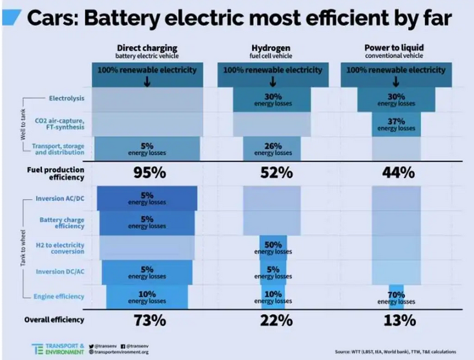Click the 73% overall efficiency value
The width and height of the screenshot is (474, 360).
click(x=150, y=321)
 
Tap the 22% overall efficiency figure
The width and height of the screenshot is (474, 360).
click(x=276, y=321)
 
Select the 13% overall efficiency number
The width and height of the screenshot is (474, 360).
click(x=400, y=321)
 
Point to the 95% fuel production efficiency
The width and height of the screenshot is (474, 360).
click(x=150, y=173)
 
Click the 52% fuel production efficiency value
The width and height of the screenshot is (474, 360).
click(x=276, y=173)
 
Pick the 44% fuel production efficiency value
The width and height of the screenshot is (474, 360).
click(x=398, y=173)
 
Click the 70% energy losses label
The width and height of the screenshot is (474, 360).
click(x=396, y=298)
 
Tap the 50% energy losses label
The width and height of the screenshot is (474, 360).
click(x=273, y=248)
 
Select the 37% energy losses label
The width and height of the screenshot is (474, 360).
click(x=396, y=124)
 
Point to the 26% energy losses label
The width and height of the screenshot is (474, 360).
click(x=273, y=149)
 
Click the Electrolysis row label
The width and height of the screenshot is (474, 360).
click(x=67, y=98)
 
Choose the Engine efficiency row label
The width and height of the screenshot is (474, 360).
click(x=59, y=297)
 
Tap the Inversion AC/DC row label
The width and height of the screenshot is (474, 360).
click(x=60, y=198)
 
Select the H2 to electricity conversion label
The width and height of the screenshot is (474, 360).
click(x=60, y=248)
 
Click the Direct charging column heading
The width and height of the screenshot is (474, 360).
click(x=147, y=48)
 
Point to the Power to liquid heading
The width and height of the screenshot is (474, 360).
click(x=394, y=47)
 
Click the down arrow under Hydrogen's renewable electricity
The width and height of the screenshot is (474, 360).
click(x=273, y=81)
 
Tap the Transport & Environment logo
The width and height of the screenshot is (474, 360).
click(x=57, y=349)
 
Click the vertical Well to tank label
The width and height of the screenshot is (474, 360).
click(x=23, y=124)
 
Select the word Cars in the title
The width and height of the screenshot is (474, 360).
click(x=53, y=18)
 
